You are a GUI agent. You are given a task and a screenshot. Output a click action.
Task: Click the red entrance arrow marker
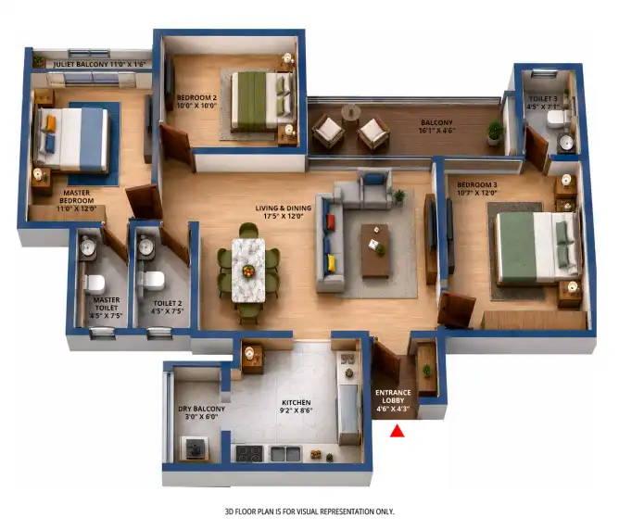[x=398, y=431]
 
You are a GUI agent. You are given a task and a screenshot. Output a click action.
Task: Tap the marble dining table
[x=248, y=271]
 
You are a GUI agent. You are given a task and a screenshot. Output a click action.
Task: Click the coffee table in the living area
[x=375, y=250]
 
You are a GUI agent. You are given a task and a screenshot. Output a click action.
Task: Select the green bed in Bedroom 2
[x=262, y=101]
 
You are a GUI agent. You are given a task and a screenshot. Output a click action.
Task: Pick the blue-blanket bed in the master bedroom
[x=72, y=140]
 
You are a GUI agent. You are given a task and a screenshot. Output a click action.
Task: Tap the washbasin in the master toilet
[x=88, y=247]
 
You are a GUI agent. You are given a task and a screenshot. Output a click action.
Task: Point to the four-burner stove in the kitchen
[x=249, y=453]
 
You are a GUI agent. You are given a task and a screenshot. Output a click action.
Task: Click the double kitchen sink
[x=285, y=454]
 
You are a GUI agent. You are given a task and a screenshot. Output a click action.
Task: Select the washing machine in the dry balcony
[x=195, y=448]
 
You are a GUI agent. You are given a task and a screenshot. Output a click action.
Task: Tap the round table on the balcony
[x=350, y=112]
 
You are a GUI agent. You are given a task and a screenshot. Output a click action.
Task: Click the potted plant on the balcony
[x=495, y=132]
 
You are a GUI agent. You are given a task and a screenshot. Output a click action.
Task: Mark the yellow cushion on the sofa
[x=331, y=263]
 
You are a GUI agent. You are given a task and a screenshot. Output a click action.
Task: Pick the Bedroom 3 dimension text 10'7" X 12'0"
[x=476, y=193]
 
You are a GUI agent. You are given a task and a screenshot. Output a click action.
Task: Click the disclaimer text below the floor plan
[x=309, y=511]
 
